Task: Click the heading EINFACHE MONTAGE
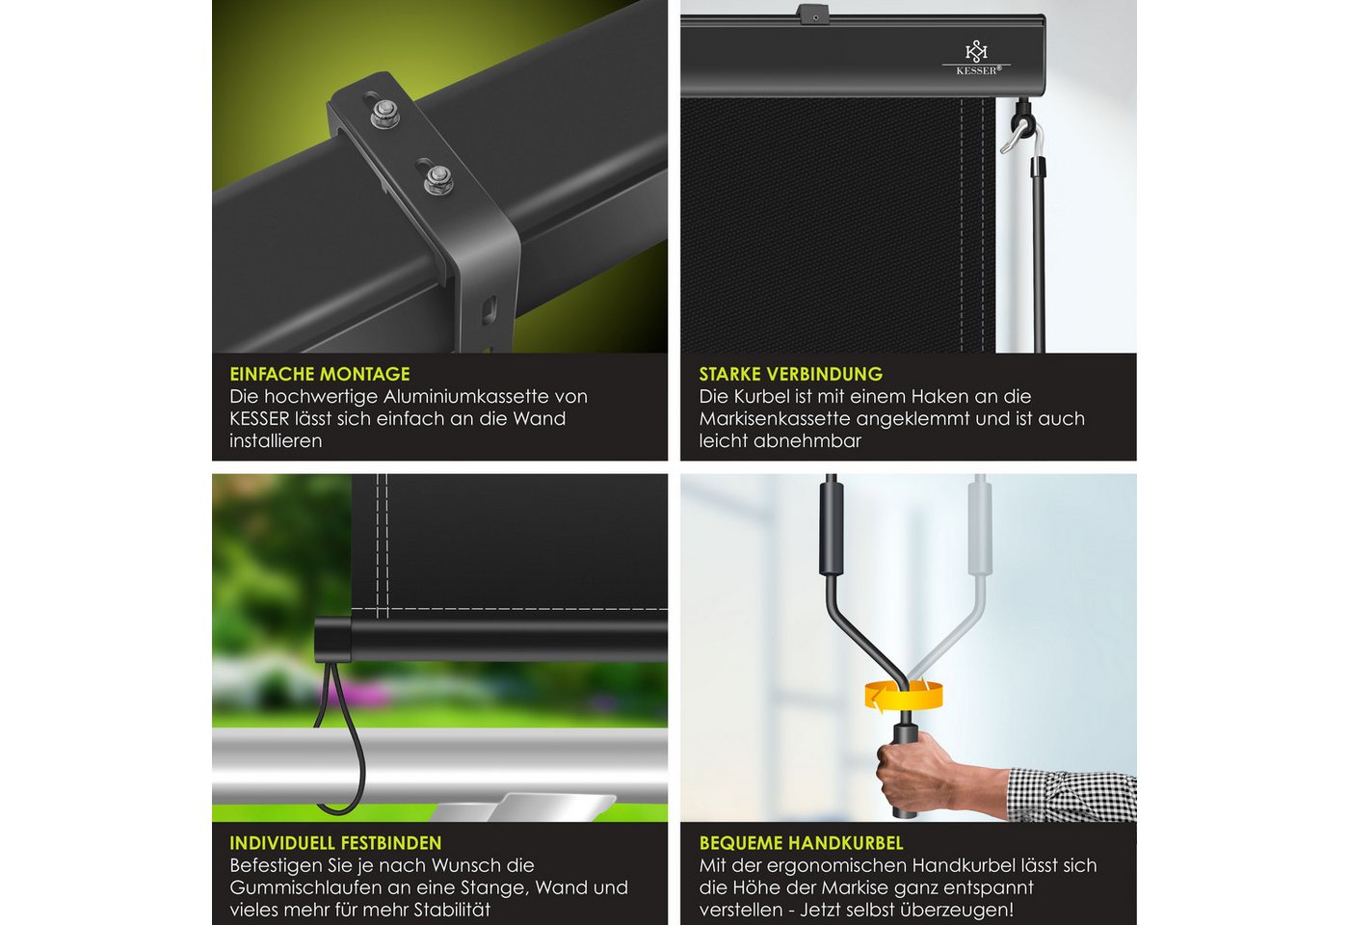[320, 374]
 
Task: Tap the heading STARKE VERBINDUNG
[791, 374]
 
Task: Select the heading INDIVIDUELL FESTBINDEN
[335, 843]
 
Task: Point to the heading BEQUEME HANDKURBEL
[801, 843]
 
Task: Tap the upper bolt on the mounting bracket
[384, 114]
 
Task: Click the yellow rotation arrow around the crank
[904, 696]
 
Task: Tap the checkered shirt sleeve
[1072, 795]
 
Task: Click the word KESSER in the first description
[259, 418]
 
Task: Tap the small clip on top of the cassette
[812, 13]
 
